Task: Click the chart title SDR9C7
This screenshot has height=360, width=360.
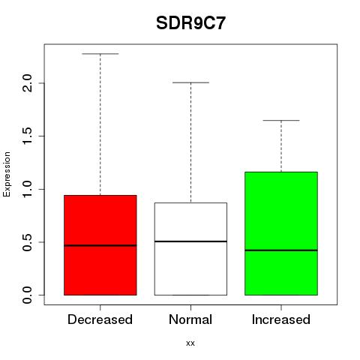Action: coord(190,23)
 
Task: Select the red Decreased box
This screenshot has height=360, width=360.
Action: coord(100,245)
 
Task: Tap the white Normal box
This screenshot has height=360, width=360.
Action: coord(190,249)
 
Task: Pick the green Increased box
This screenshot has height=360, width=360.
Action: coord(281,233)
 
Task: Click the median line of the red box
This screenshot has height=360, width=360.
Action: coord(100,245)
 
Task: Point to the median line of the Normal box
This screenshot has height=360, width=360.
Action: coord(190,241)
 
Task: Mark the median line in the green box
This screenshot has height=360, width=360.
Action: coord(281,250)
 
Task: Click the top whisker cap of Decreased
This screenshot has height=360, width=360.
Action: coord(100,53)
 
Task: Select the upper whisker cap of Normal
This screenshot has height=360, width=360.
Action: coord(190,82)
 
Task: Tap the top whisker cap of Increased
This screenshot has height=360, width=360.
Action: coord(281,120)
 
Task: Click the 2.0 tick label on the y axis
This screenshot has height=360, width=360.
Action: coord(27,83)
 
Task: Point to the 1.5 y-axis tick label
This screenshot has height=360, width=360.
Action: coord(27,136)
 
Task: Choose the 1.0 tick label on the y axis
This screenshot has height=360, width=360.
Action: coord(27,189)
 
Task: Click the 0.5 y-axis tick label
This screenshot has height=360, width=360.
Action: coord(27,242)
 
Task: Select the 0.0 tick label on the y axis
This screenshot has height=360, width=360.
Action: coord(27,295)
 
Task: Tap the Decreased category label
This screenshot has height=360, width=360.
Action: coord(100,319)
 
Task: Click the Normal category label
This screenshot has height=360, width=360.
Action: coord(190,319)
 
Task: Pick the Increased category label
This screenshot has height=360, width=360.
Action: coord(281,319)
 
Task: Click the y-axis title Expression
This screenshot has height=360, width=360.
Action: coord(7,174)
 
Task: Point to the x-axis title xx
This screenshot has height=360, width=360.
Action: coord(190,343)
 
